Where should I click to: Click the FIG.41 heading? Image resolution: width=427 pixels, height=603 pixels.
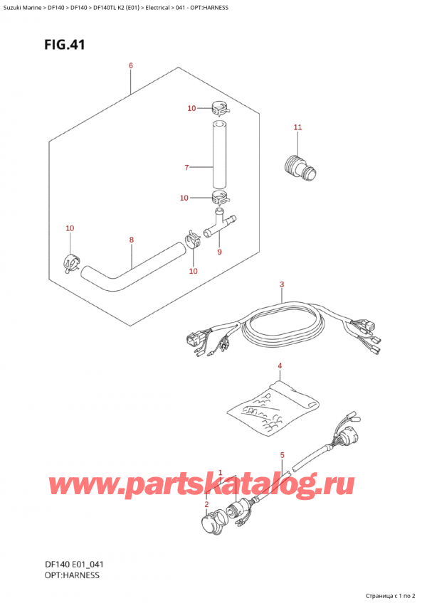tap(64, 45)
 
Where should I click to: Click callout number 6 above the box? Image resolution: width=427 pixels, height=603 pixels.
tap(131, 65)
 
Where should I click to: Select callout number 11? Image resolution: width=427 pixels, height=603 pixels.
tap(297, 127)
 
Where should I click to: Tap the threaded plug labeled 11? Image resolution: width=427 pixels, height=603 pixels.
tap(300, 168)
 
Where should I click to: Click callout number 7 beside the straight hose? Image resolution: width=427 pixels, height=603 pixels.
tap(186, 167)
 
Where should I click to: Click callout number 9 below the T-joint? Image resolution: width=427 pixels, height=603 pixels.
tap(219, 252)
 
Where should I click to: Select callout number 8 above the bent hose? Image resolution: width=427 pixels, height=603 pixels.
tap(131, 240)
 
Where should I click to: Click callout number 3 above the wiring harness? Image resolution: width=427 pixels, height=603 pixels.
tap(282, 284)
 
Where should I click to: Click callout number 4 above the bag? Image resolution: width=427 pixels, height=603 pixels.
tap(280, 365)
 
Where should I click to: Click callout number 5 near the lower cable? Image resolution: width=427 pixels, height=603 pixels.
tap(283, 455)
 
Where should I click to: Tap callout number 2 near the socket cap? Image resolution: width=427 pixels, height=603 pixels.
tap(206, 504)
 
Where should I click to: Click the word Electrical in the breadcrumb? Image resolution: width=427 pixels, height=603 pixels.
tap(157, 8)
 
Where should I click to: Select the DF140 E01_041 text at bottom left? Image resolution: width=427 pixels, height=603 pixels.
tap(74, 565)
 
